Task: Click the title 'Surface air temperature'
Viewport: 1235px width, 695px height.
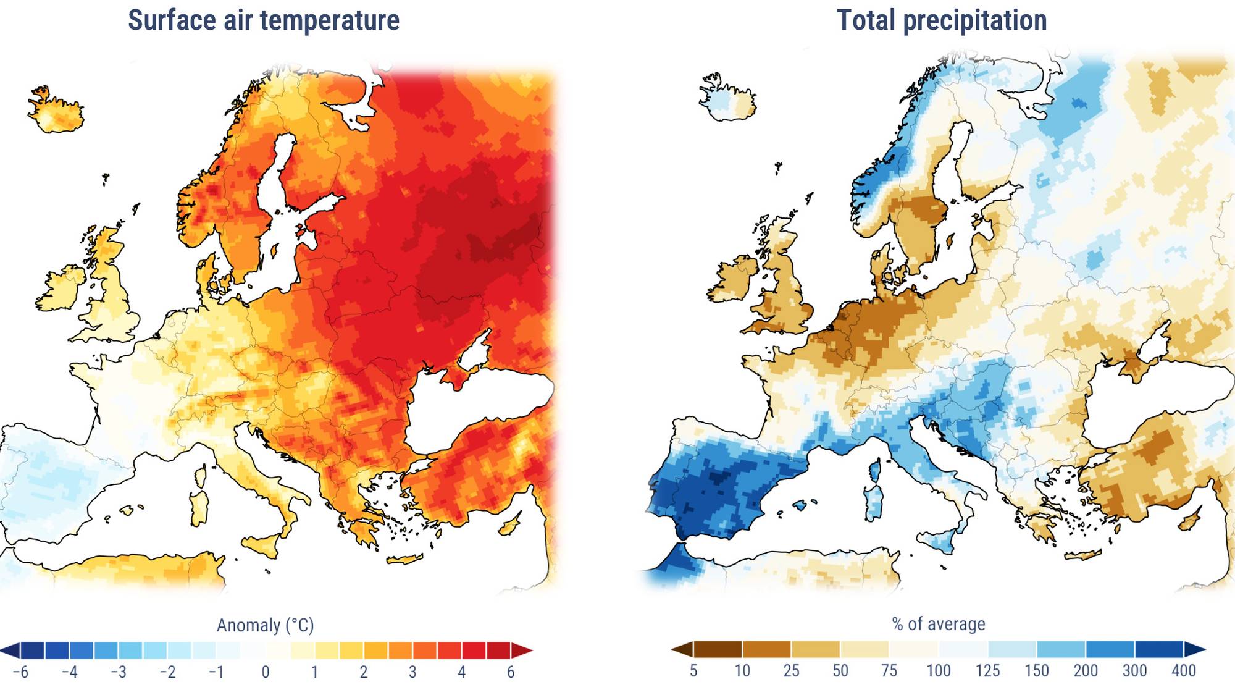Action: [x=264, y=20]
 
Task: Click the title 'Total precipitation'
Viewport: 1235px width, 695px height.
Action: [x=942, y=20]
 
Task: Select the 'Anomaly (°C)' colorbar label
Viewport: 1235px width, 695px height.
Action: [x=265, y=625]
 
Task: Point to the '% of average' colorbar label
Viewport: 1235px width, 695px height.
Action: [x=938, y=624]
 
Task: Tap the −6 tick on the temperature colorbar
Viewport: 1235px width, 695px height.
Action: [x=21, y=672]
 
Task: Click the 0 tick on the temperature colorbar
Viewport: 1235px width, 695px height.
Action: [x=266, y=672]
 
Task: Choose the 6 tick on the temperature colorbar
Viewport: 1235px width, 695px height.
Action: [x=511, y=672]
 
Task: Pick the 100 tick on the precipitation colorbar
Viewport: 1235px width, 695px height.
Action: [x=938, y=671]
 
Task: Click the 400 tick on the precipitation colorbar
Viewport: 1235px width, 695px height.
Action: [x=1183, y=671]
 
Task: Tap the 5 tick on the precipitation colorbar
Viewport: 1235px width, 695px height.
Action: [x=693, y=671]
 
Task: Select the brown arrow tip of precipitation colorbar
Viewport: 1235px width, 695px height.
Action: [x=681, y=649]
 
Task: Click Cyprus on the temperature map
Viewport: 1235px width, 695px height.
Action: [x=510, y=526]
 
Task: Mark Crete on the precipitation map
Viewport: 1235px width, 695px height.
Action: [x=1084, y=555]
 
